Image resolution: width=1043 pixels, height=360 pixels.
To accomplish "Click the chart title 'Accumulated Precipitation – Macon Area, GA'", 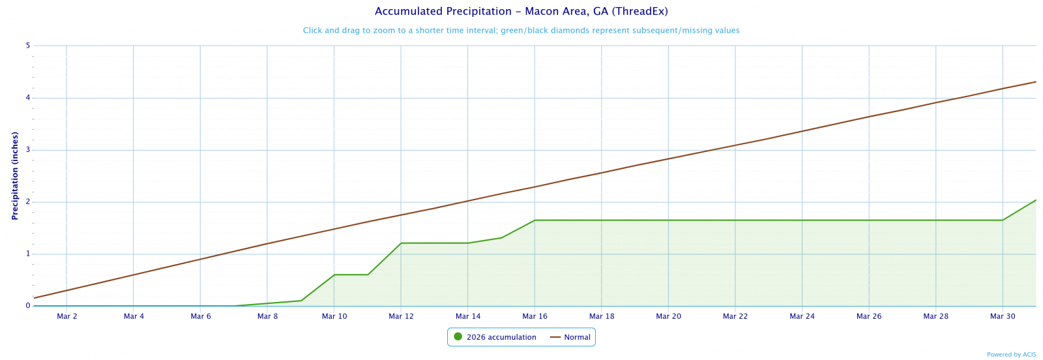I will point(521,12).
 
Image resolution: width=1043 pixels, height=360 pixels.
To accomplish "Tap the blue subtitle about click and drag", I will point(521,31).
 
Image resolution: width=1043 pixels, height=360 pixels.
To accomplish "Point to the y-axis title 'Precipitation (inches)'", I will point(14,175).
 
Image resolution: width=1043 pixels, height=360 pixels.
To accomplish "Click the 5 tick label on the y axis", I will point(28,46).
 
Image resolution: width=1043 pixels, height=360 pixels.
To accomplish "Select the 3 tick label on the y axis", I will point(28,150).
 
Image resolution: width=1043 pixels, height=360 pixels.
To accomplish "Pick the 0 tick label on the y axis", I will point(28,306).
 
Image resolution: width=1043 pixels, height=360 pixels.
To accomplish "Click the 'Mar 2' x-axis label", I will point(66,316).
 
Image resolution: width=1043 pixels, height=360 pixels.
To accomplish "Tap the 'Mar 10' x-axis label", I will point(334,316).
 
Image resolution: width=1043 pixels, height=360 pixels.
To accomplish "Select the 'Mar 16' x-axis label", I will point(535,316).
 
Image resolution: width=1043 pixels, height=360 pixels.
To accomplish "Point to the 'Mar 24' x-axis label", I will point(802,316).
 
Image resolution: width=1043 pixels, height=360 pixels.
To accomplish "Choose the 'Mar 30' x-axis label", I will point(1003,316).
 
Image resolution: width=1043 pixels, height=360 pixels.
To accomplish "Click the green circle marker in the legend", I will point(458,337).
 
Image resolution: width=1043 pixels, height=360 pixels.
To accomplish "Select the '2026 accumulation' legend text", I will point(501,337).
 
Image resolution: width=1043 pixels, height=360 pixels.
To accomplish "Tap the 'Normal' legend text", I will point(577,337).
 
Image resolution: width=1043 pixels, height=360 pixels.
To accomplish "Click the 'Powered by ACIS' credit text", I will point(1011,355).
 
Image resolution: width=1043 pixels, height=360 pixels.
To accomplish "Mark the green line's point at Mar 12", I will point(401,243).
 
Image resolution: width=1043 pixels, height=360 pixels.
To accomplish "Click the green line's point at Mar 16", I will point(535,220).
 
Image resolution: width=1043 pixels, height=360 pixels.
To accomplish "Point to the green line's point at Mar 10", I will point(334,275).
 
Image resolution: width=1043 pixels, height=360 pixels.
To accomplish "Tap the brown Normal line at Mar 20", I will point(668,159).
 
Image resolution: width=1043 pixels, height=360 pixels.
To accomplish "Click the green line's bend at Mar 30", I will point(1003,220).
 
